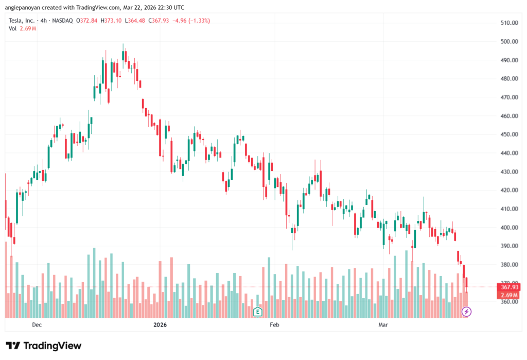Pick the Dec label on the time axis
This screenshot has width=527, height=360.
pos(37,325)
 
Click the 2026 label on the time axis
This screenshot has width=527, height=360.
pos(161,325)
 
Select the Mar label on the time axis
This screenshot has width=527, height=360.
pos(383,325)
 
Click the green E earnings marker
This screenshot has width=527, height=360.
pos(258,311)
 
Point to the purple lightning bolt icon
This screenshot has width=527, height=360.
pos(466,311)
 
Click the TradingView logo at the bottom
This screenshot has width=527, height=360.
pos(43,346)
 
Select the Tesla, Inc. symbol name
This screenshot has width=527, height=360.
pos(22,21)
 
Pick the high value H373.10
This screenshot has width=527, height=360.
pos(111,21)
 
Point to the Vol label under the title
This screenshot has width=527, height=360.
pos(12,28)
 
